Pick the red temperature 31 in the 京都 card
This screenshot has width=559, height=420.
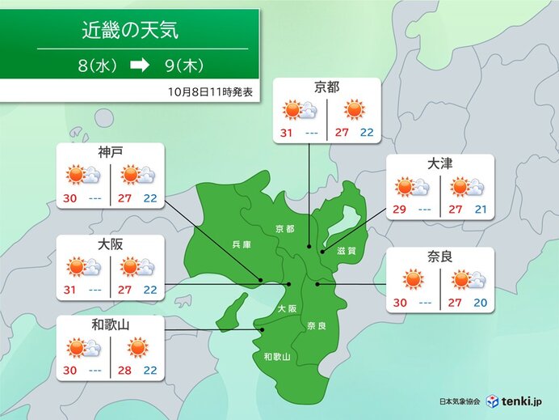(x=288, y=134)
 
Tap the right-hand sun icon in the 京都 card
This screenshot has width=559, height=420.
(x=354, y=111)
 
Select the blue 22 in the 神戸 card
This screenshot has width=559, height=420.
(x=149, y=199)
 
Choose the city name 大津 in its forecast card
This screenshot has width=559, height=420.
(x=439, y=164)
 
